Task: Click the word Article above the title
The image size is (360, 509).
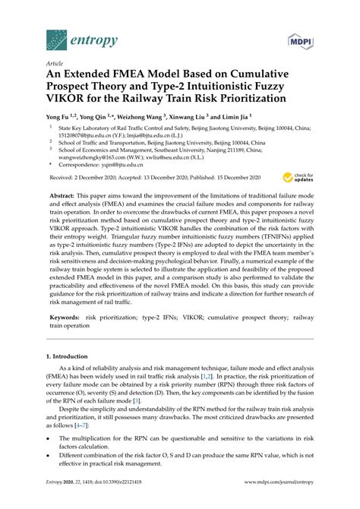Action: [55, 65]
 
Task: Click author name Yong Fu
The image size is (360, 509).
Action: [60, 118]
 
